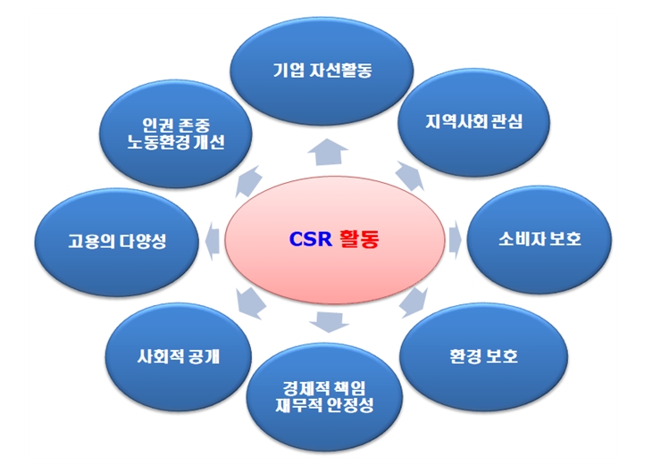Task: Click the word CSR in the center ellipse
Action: point(310,239)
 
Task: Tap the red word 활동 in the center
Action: point(359,239)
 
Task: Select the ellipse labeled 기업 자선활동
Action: point(322,70)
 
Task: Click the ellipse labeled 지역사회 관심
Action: point(473,122)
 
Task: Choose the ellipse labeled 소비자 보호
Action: point(540,239)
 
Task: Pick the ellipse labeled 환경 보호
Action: point(483,356)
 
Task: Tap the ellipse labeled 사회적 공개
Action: point(179,357)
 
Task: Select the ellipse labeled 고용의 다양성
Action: point(117,242)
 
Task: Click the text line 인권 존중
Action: point(176,125)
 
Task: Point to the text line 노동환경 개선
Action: point(176,142)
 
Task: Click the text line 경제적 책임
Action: point(324,388)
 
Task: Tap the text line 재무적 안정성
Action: point(324,405)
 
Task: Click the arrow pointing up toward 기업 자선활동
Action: point(328,152)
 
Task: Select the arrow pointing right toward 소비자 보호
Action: point(456,239)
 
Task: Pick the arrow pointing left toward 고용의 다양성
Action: point(212,241)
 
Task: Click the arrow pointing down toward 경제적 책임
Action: point(329,322)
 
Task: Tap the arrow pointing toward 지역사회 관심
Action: point(410,176)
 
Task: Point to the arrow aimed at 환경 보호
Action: point(414,302)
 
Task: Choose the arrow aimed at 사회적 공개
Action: point(250,303)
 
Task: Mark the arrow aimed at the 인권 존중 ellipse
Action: point(248,181)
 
